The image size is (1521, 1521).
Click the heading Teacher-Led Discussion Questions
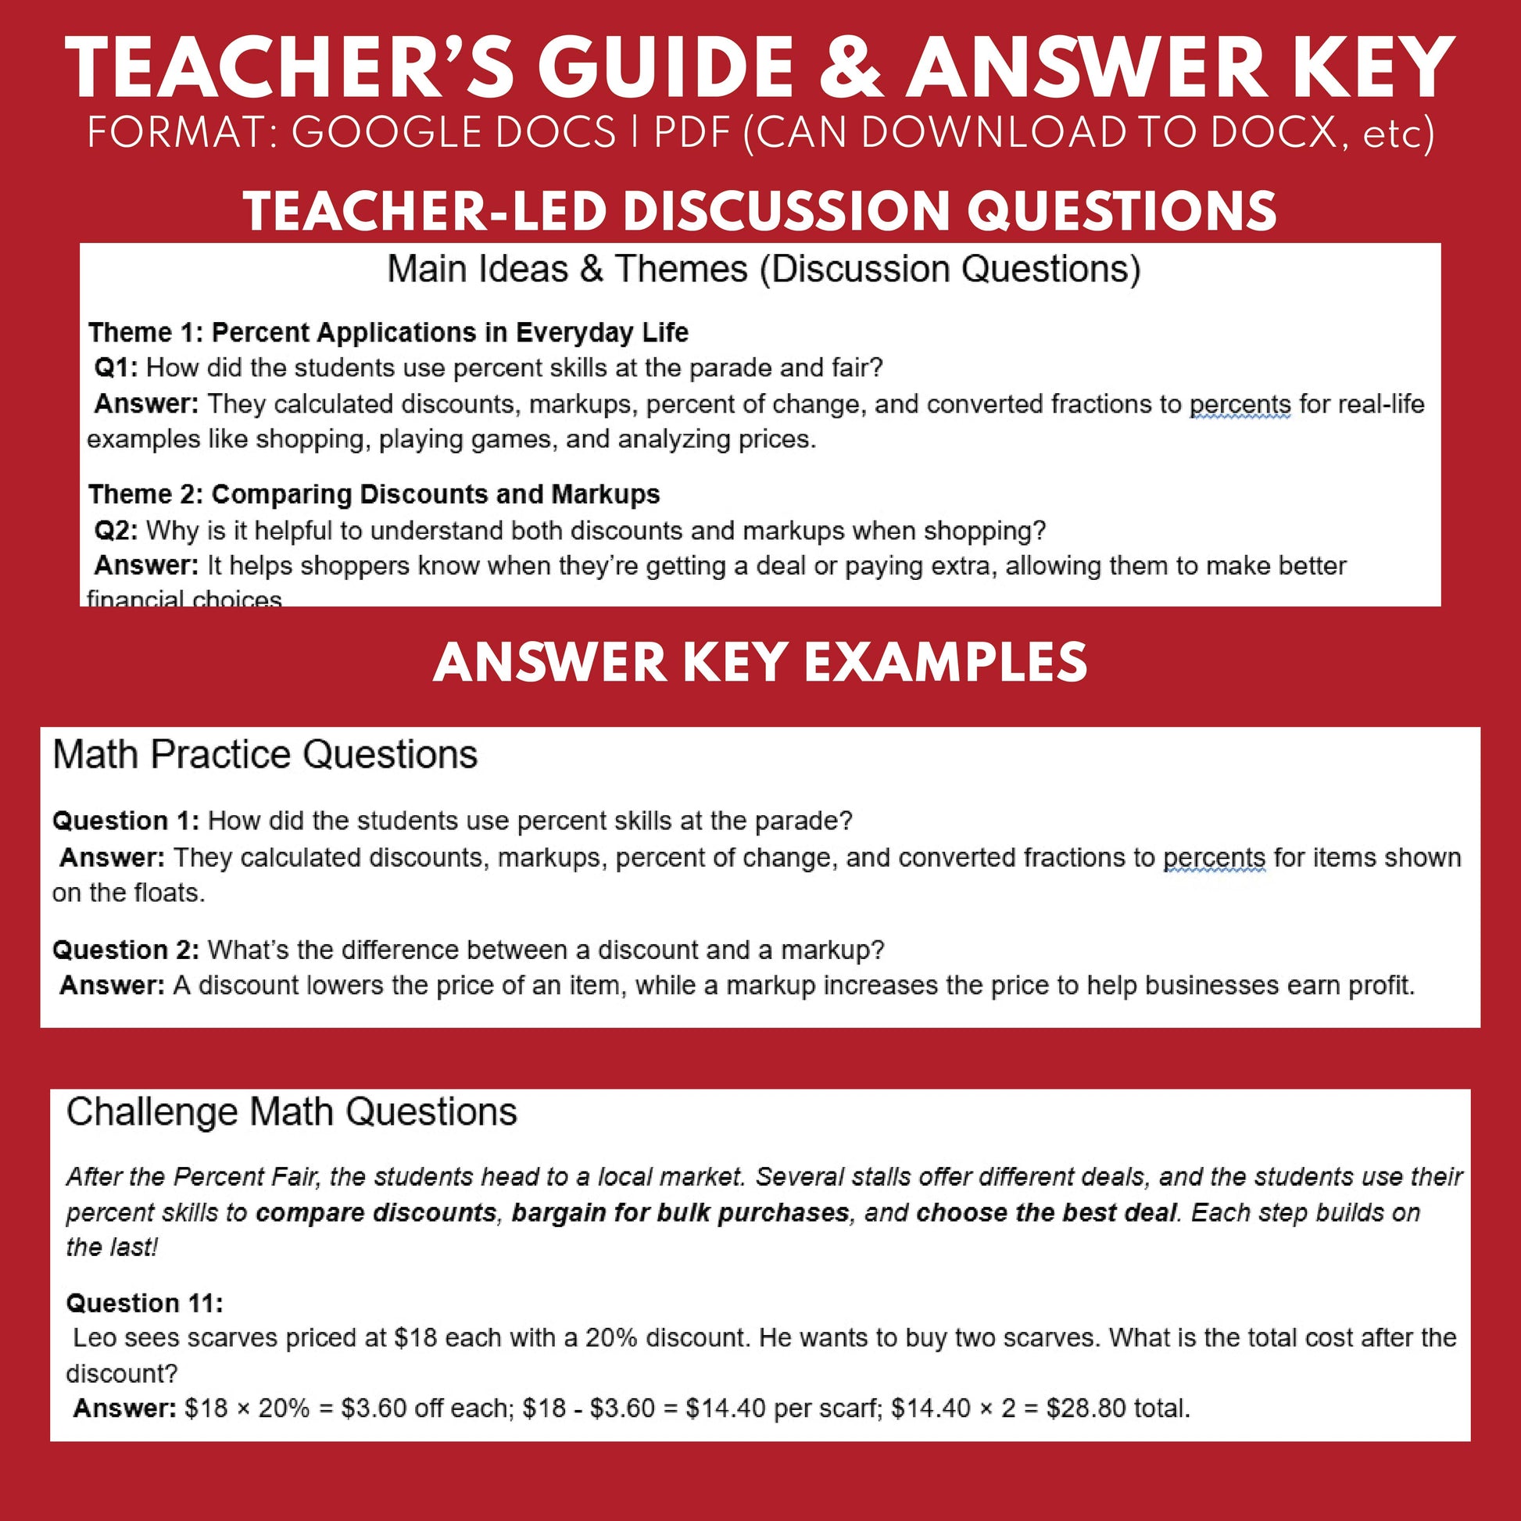[760, 212]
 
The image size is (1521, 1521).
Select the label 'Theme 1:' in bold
[145, 333]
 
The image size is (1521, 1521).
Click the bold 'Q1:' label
[116, 367]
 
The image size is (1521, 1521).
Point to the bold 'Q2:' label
[116, 531]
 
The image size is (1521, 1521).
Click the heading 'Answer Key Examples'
[760, 662]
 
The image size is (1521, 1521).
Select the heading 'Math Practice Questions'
[264, 754]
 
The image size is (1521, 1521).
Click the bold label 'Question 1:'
[126, 821]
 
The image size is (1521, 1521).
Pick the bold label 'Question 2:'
[126, 950]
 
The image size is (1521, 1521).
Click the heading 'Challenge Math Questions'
[292, 1112]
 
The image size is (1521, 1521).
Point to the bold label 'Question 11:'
[145, 1304]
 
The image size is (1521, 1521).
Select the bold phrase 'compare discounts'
[375, 1212]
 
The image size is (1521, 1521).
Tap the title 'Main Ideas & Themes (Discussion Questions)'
[763, 269]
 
